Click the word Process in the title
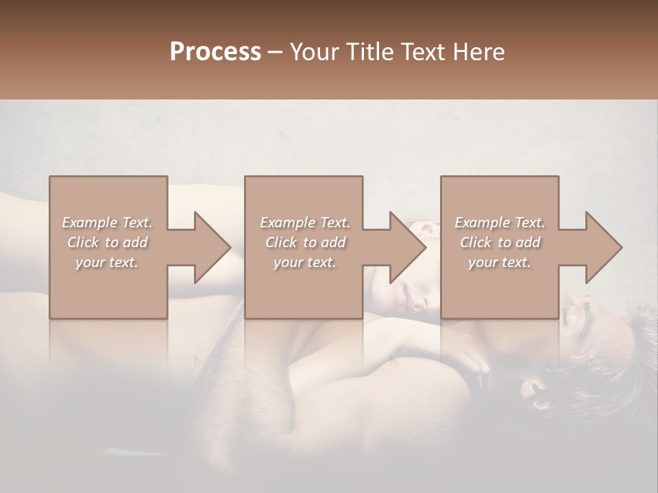[215, 52]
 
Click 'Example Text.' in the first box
[108, 223]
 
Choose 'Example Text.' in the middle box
[305, 223]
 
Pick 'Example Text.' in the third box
[500, 223]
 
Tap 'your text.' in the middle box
[304, 262]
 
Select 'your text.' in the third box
[499, 262]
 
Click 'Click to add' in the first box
[108, 242]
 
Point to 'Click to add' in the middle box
[305, 242]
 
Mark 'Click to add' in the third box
[500, 242]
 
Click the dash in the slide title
[276, 53]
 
